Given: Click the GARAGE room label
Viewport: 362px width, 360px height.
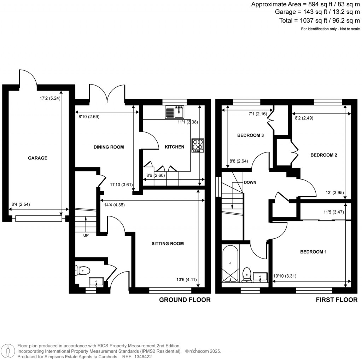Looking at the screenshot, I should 37,158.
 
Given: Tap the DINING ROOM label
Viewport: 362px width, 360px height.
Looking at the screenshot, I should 109,147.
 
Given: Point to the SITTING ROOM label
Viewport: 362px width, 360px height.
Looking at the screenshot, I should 168,244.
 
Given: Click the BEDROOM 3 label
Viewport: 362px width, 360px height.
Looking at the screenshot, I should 250,135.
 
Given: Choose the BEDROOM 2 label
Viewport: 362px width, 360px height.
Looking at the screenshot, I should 323,155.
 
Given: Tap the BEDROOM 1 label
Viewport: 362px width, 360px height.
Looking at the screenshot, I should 313,252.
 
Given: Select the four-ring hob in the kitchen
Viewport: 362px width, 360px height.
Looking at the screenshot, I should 198,145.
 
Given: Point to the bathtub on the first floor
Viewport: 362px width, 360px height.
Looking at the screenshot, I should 230,263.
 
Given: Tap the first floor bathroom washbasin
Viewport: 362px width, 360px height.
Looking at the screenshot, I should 261,276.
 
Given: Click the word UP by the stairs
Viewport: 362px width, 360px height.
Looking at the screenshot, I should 86,236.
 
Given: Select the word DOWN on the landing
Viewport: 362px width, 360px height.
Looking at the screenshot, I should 250,182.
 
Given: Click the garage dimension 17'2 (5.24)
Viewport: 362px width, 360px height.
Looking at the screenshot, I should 50,99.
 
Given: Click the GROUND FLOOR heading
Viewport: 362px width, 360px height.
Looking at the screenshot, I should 185,300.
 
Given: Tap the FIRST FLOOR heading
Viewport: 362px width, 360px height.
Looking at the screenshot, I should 337,300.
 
